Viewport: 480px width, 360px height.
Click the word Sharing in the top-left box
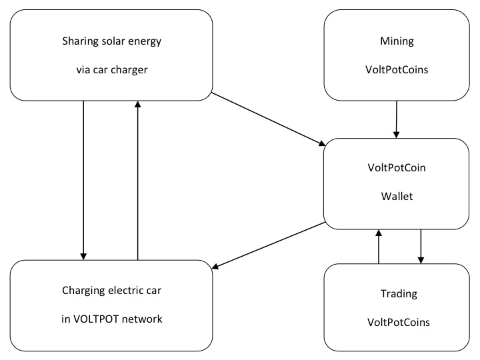tap(77, 41)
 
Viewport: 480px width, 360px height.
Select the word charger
tap(129, 70)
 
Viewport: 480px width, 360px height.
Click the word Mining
tap(397, 41)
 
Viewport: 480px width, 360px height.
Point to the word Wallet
tap(397, 196)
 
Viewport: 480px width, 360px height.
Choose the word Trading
tap(399, 294)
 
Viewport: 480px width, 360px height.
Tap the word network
tap(142, 319)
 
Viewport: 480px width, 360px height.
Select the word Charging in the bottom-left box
tap(81, 291)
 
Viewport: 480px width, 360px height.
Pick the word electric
tap(124, 290)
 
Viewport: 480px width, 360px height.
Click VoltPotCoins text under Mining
tap(397, 70)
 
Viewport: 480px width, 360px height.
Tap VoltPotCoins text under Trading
tap(399, 323)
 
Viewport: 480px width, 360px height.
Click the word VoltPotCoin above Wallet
tap(397, 168)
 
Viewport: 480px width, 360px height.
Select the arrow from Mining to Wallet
tap(397, 119)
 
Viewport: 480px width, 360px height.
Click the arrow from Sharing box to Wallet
tap(269, 119)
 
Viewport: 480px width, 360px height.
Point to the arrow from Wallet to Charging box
tap(269, 245)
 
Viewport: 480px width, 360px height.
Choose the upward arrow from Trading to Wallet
tap(379, 247)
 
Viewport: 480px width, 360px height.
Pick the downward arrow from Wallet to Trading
tap(421, 247)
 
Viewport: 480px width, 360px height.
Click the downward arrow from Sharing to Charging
tap(83, 180)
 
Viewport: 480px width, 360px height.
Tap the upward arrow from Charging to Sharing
tap(138, 180)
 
